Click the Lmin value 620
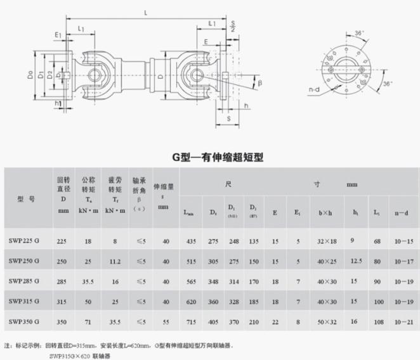(190, 302)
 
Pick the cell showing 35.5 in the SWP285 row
(88, 281)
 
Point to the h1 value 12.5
(357, 260)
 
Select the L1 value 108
(379, 322)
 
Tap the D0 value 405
(212, 322)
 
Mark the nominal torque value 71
(88, 322)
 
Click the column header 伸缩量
(164, 188)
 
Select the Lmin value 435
(190, 241)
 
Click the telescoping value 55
(165, 322)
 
